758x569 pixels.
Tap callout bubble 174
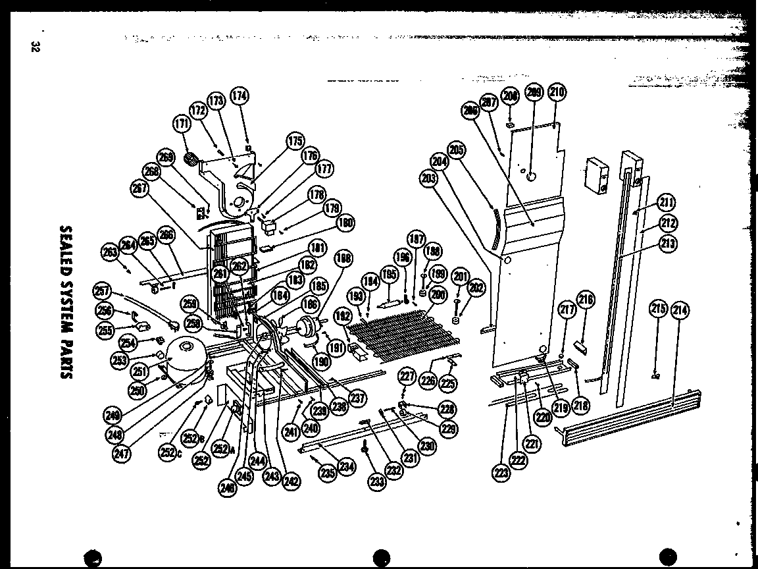click(240, 96)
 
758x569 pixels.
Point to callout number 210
click(557, 92)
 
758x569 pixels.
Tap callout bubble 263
click(109, 252)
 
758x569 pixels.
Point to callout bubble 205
click(457, 149)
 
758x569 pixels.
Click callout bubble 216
click(585, 301)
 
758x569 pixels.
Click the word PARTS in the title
click(66, 352)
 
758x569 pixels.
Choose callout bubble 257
click(102, 289)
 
